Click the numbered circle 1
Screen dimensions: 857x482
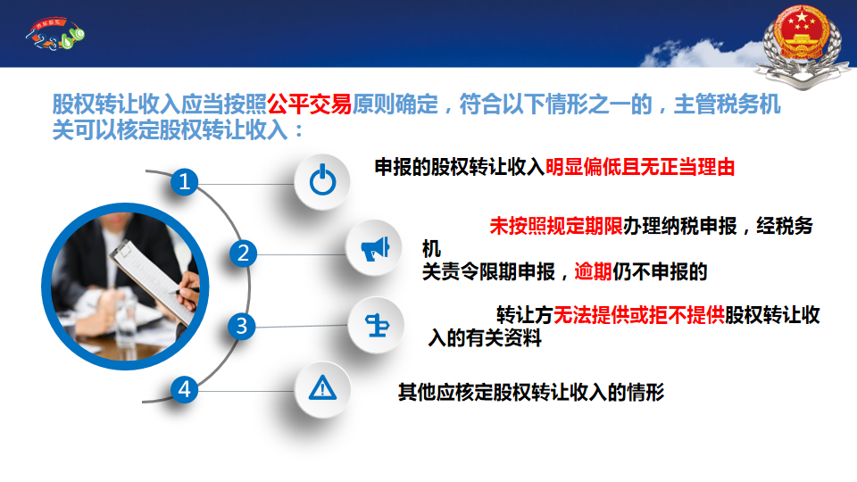[x=184, y=181]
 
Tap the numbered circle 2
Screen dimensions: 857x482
[x=243, y=253]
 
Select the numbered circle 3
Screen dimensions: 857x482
[x=242, y=327]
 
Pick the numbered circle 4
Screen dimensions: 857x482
[x=184, y=390]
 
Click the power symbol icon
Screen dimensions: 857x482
[x=322, y=180]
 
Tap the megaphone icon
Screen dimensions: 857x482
[x=375, y=249]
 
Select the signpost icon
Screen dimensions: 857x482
[x=377, y=326]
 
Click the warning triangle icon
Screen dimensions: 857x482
[x=322, y=388]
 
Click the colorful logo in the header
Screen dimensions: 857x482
[x=55, y=35]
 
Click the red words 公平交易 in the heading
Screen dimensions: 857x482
[x=310, y=104]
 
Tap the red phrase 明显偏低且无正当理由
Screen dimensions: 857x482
[x=640, y=167]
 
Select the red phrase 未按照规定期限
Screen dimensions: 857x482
[x=556, y=226]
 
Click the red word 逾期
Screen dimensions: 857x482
[x=593, y=271]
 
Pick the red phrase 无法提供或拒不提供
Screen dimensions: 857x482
[x=639, y=315]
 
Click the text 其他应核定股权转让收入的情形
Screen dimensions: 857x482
[x=531, y=393]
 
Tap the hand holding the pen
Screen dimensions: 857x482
[x=188, y=289]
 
